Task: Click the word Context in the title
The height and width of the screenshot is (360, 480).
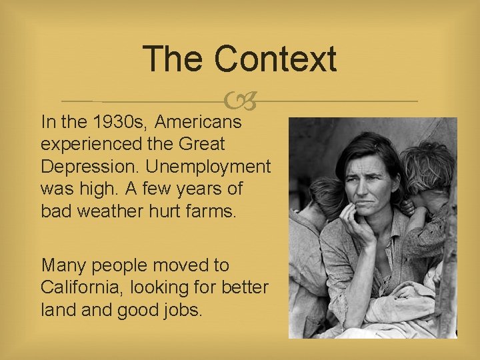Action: pos(275,59)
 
